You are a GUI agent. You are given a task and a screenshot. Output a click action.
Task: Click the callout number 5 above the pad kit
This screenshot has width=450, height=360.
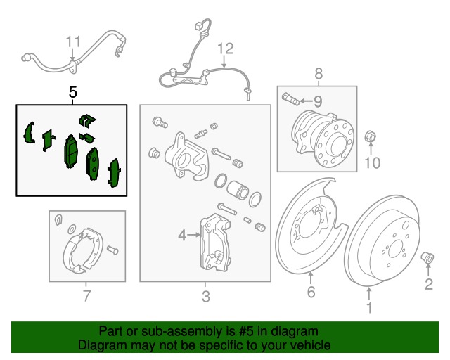tap(72, 92)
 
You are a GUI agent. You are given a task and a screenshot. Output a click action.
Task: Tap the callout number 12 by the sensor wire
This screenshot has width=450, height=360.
tap(224, 49)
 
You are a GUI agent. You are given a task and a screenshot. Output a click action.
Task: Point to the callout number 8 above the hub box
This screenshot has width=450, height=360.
tap(318, 73)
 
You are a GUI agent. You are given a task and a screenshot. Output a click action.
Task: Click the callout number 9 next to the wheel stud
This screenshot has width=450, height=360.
tap(316, 100)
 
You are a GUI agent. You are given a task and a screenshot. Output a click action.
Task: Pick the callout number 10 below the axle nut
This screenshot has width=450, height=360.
tap(372, 164)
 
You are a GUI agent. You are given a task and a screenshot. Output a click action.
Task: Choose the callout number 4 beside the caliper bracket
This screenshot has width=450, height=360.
tap(182, 236)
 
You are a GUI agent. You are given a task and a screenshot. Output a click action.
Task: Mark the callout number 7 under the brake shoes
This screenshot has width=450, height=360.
tap(86, 296)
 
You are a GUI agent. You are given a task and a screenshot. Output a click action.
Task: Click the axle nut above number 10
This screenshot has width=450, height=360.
tap(372, 136)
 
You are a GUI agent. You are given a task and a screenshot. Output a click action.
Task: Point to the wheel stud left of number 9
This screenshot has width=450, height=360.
tap(289, 97)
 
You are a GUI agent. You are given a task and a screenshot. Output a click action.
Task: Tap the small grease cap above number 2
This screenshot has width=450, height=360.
tap(427, 259)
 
